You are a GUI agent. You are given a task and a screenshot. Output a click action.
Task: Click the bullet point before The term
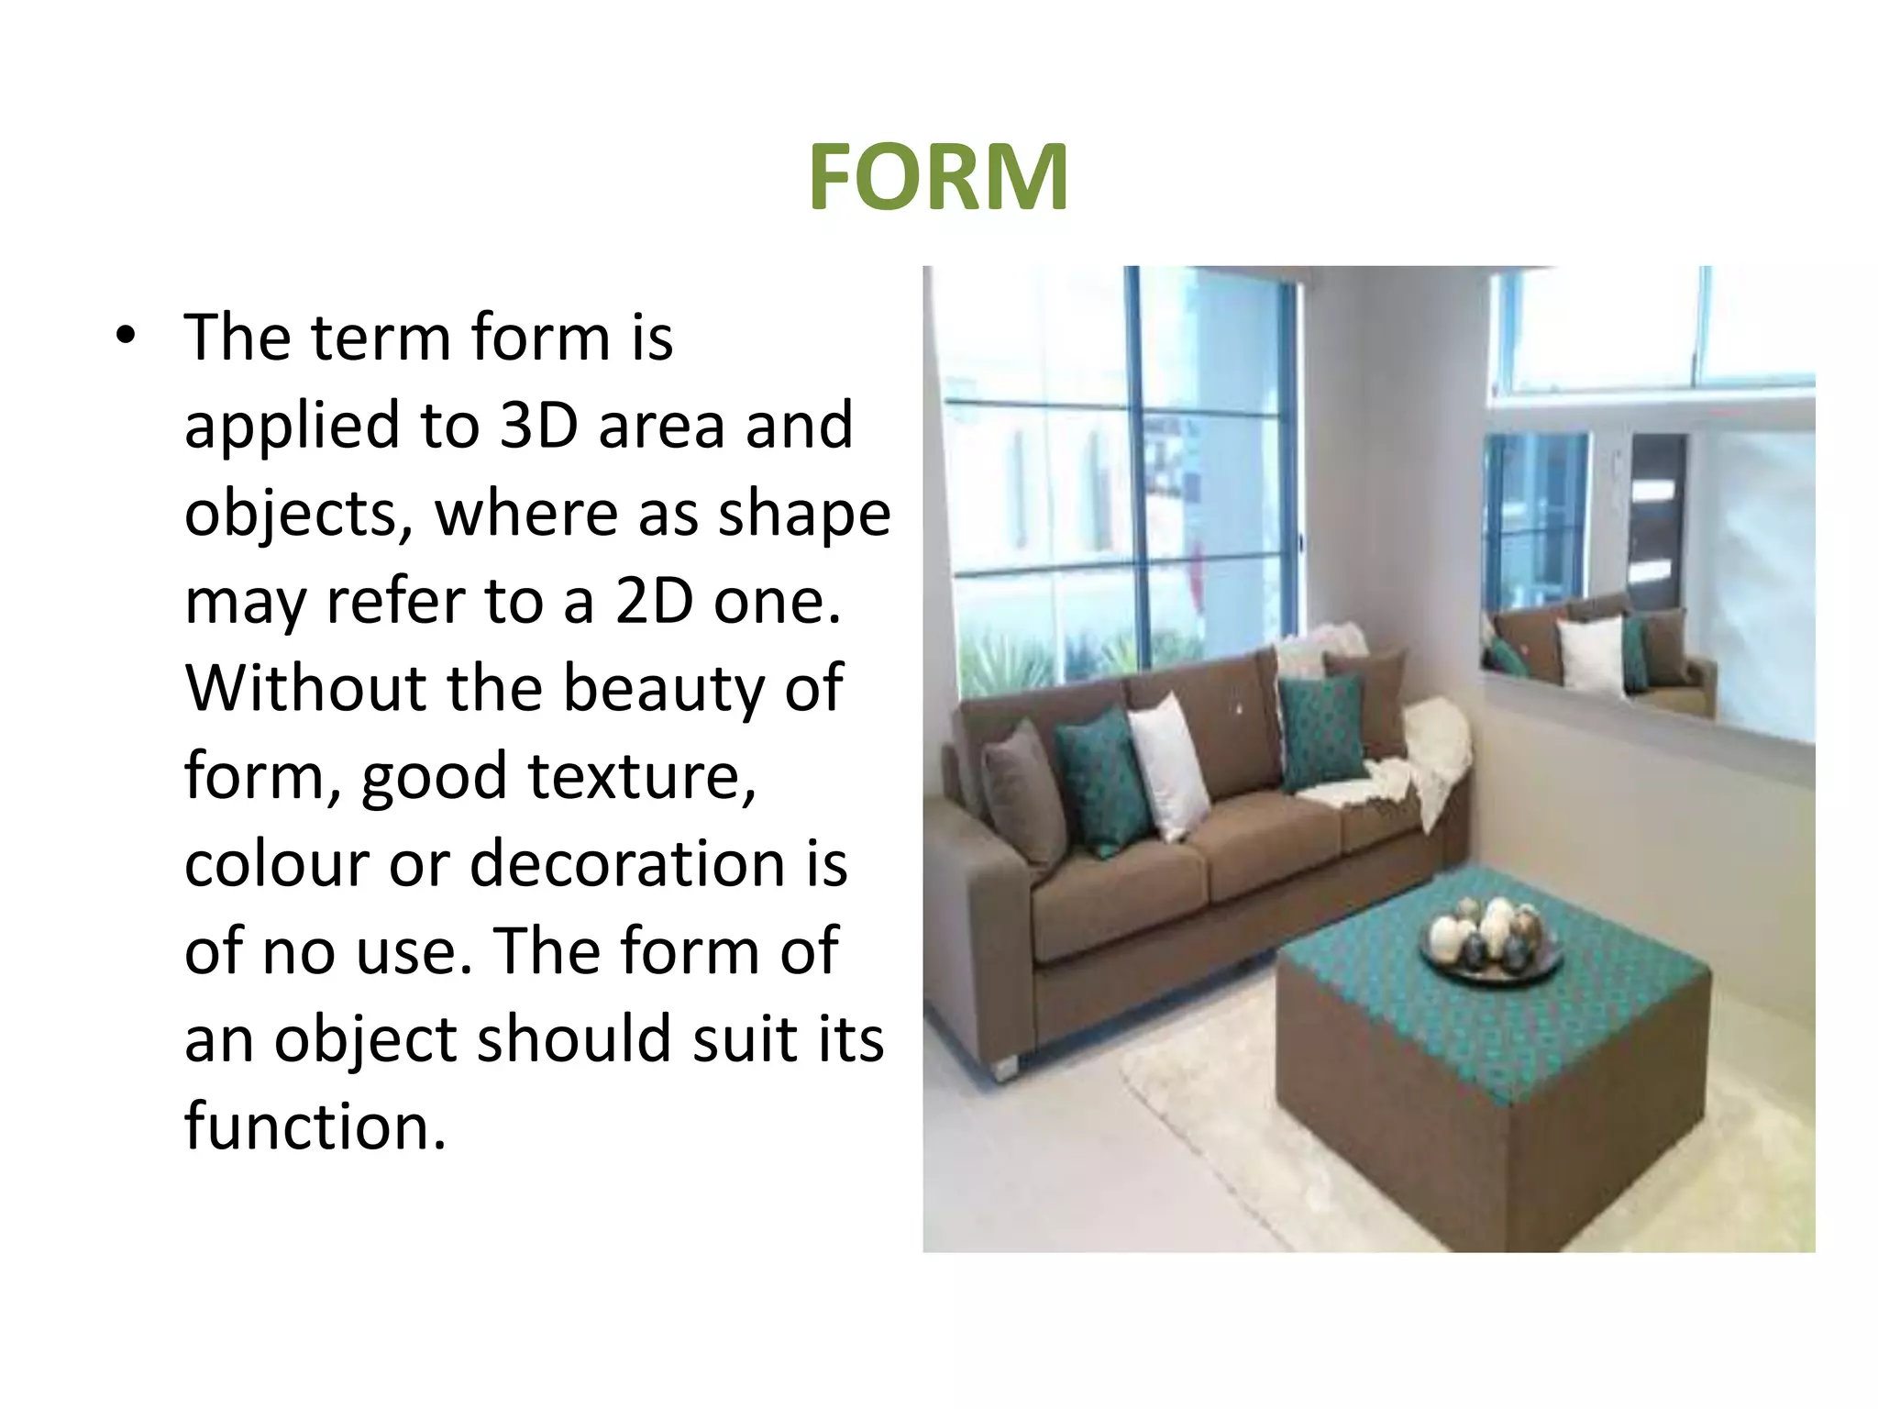[126, 337]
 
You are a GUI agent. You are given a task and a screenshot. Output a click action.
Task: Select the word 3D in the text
[538, 425]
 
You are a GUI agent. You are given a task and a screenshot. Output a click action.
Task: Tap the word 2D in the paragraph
[654, 601]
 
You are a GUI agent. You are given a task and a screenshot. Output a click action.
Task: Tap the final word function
[315, 1126]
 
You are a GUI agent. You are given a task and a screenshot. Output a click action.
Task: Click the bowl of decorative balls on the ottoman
[1488, 939]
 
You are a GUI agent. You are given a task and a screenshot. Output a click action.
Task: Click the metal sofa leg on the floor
[1004, 1067]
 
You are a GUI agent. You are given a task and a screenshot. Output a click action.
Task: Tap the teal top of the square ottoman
[1504, 991]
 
